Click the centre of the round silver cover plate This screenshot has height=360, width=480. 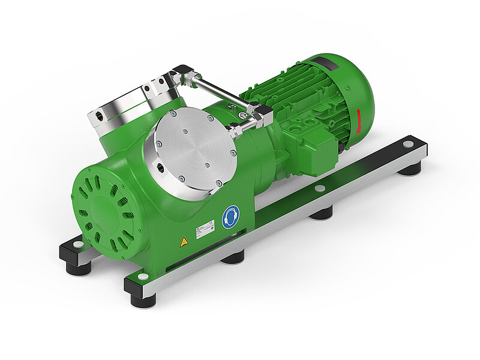[x=196, y=150]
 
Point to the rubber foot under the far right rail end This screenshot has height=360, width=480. [x=410, y=169]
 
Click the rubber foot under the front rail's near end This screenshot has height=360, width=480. [x=143, y=299]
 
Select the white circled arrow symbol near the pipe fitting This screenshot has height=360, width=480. [x=242, y=115]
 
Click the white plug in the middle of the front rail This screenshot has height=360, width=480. [x=320, y=188]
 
